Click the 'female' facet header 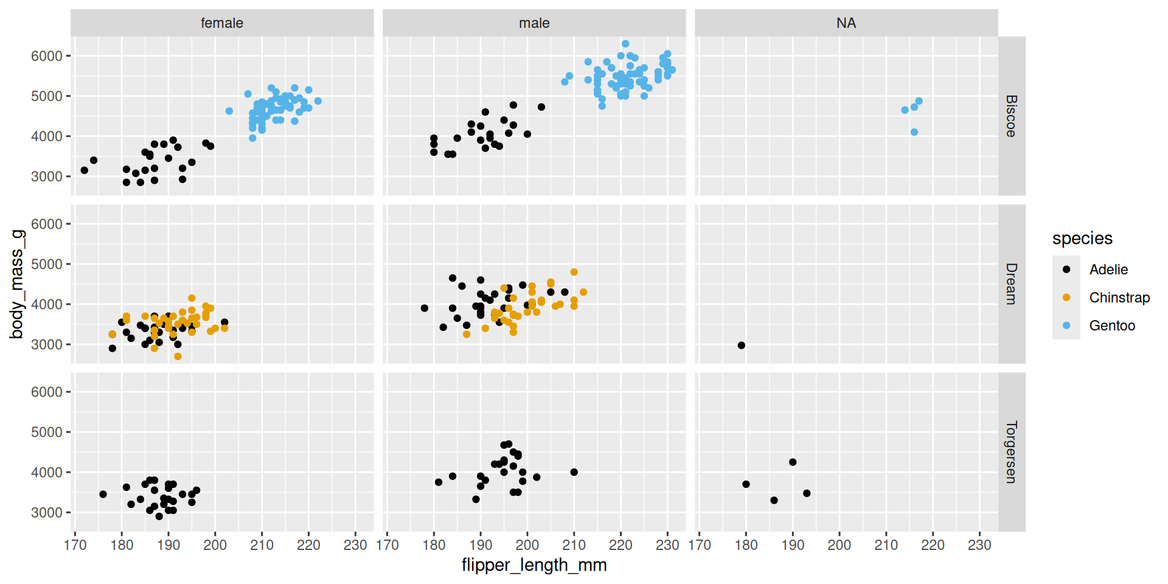222,23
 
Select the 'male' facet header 534,23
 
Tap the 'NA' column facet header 846,23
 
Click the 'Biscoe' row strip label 1011,116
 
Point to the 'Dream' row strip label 1011,283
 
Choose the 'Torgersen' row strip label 1011,452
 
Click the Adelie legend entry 1108,269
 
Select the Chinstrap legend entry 1119,297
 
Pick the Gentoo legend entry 1111,325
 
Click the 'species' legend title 1082,238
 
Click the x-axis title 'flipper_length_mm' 534,565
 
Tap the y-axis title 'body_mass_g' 17,284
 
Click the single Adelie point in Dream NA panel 742,346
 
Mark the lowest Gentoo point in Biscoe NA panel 914,132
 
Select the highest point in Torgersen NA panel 793,462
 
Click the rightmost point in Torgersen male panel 574,472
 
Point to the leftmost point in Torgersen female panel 103,495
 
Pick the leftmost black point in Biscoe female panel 85,170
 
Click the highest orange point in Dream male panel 574,273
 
